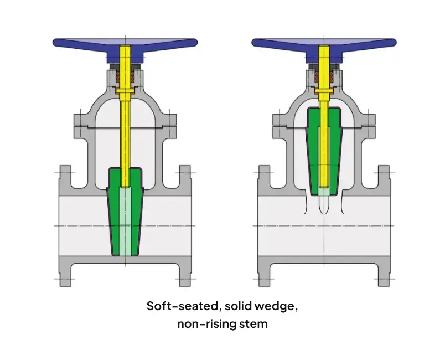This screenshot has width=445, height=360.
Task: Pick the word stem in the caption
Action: [252, 324]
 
